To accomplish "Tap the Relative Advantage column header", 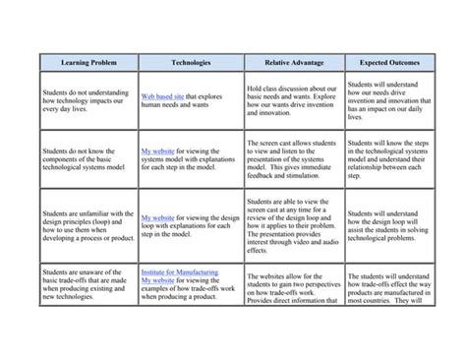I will point(293,60).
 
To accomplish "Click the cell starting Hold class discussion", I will point(292,101).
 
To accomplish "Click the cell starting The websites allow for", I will point(292,286).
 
